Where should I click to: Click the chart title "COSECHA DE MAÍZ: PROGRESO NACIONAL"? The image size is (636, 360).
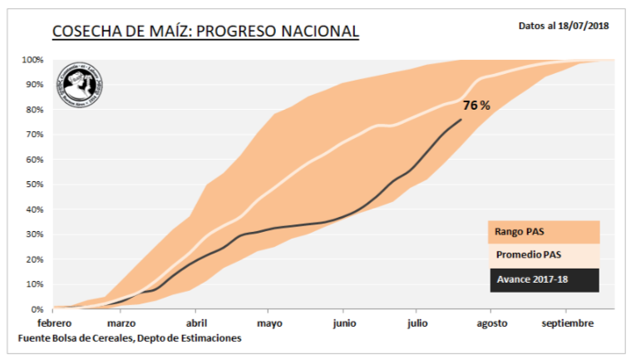point(205,32)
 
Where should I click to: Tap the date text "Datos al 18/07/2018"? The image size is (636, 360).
point(563,26)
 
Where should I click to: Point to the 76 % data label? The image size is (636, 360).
point(476,106)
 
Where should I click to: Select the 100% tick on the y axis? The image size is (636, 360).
point(32,60)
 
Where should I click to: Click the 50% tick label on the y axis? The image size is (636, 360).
point(35,185)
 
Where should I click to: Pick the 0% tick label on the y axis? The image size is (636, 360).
point(37,309)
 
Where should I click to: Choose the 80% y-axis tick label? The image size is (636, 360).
point(35,110)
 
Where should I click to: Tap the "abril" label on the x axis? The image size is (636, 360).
point(196,323)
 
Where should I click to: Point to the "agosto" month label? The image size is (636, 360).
point(492,323)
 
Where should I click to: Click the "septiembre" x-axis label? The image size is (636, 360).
point(569,323)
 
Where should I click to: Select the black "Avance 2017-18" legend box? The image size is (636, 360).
point(543,279)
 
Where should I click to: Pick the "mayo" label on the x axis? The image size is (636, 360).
point(269,323)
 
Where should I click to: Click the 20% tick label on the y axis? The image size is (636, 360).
point(35,259)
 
